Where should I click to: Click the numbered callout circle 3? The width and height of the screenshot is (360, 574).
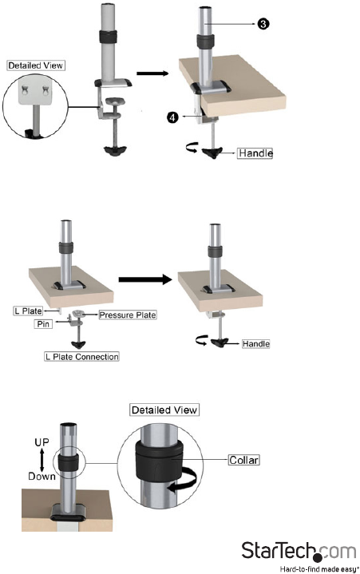click(x=263, y=24)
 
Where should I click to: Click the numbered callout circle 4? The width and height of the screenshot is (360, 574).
click(x=172, y=117)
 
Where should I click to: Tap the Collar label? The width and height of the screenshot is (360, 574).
click(x=243, y=460)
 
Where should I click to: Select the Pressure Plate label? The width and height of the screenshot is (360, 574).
click(x=128, y=315)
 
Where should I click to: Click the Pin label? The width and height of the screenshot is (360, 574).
click(x=43, y=324)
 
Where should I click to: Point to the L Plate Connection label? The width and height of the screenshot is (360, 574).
click(x=81, y=357)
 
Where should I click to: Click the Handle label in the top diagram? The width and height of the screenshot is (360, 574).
click(x=255, y=152)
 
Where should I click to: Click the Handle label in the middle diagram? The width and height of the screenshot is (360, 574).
click(x=256, y=344)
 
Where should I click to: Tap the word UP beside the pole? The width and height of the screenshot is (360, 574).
click(x=42, y=442)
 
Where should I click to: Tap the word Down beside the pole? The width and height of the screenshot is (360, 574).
click(x=42, y=477)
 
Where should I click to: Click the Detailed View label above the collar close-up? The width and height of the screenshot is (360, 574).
click(x=164, y=410)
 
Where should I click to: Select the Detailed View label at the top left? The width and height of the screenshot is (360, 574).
click(x=36, y=65)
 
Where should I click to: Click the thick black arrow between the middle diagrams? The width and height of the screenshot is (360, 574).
click(x=145, y=279)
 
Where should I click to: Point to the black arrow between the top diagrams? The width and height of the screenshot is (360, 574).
click(x=152, y=73)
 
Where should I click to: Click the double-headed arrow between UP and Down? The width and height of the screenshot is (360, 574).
click(x=42, y=459)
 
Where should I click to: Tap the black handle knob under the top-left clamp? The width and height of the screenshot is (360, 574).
click(x=115, y=151)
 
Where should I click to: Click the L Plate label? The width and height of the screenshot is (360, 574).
click(x=28, y=311)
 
